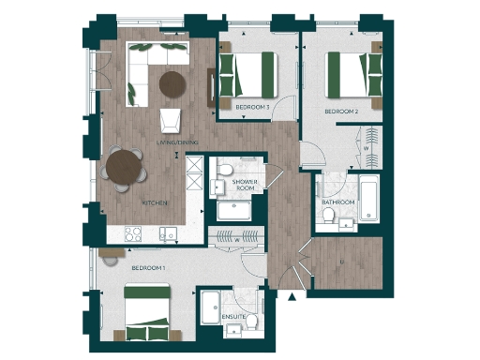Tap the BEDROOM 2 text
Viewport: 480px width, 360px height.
pos(342,112)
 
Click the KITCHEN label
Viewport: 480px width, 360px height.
pos(155,202)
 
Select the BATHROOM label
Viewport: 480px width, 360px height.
pos(337,202)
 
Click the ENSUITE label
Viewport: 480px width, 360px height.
pos(233,318)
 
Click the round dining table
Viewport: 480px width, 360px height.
pos(125,170)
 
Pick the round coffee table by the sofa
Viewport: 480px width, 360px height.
pos(173,84)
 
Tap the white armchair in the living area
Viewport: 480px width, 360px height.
pos(171,119)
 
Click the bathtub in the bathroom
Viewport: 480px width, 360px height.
pos(368,200)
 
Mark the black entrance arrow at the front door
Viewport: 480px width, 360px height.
pos(294,297)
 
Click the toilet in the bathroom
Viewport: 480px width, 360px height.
pos(328,217)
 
